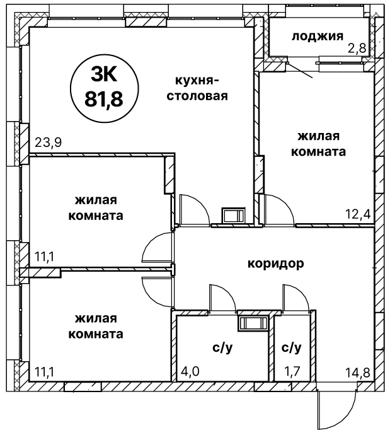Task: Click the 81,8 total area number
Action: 104,99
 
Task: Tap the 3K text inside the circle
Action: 104,75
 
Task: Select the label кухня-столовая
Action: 197,88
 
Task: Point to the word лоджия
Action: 318,37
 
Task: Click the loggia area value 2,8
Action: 357,49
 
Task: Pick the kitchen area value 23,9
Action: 49,142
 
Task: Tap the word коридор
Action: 276,264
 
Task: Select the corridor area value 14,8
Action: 357,373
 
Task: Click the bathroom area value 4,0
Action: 190,371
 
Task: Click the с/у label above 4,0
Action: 222,348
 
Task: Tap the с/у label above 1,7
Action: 292,348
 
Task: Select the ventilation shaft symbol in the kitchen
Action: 234,216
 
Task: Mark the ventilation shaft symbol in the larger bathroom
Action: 253,323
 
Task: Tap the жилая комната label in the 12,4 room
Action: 319,144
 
